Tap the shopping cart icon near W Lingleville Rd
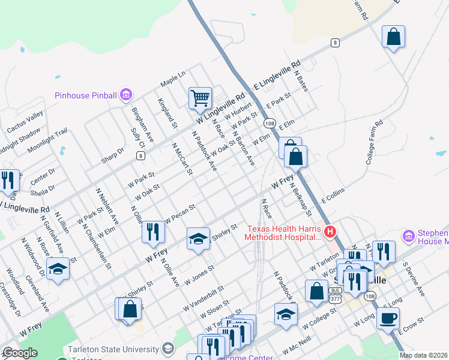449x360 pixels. click(200, 98)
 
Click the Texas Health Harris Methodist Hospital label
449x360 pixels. click(284, 233)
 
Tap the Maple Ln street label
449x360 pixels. click(173, 78)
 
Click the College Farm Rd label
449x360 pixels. click(374, 143)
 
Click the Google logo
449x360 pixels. click(20, 353)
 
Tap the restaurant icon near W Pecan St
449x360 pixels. click(153, 231)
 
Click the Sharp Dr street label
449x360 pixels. click(112, 155)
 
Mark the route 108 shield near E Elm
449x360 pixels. click(270, 124)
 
